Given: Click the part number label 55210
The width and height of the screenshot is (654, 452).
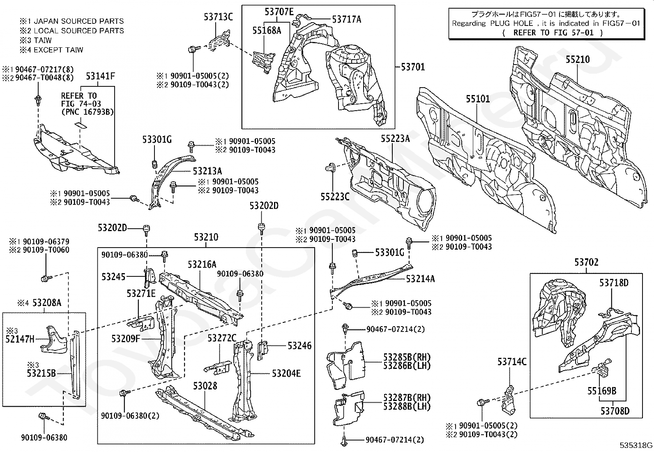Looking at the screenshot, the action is click(578, 60).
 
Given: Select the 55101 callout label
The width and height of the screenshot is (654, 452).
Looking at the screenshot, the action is click(478, 99).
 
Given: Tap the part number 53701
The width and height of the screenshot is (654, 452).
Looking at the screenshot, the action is click(413, 67).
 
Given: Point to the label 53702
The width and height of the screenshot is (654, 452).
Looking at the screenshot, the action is click(586, 262).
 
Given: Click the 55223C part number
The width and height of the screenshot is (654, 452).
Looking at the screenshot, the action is click(335, 197).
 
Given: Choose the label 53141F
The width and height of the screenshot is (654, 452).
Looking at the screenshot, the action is click(100, 76).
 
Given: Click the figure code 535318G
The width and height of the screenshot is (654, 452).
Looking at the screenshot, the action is click(636, 445).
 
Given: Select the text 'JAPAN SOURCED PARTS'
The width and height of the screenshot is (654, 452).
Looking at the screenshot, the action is click(79, 21).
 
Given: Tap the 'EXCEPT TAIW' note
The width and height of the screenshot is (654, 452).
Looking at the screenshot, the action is click(58, 50).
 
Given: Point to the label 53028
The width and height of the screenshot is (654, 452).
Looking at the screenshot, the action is click(205, 386).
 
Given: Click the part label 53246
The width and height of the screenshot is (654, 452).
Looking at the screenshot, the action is click(299, 345).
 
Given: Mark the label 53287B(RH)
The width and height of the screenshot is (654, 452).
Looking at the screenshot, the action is click(407, 398).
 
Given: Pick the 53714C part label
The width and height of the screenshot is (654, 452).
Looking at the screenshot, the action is click(512, 362).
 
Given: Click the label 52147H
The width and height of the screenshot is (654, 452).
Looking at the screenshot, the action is click(20, 339).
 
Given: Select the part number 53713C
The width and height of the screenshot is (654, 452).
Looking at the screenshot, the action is click(219, 17).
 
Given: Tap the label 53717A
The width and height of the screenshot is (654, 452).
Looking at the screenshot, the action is click(347, 19).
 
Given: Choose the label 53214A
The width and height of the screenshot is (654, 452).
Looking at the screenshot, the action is click(420, 279).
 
